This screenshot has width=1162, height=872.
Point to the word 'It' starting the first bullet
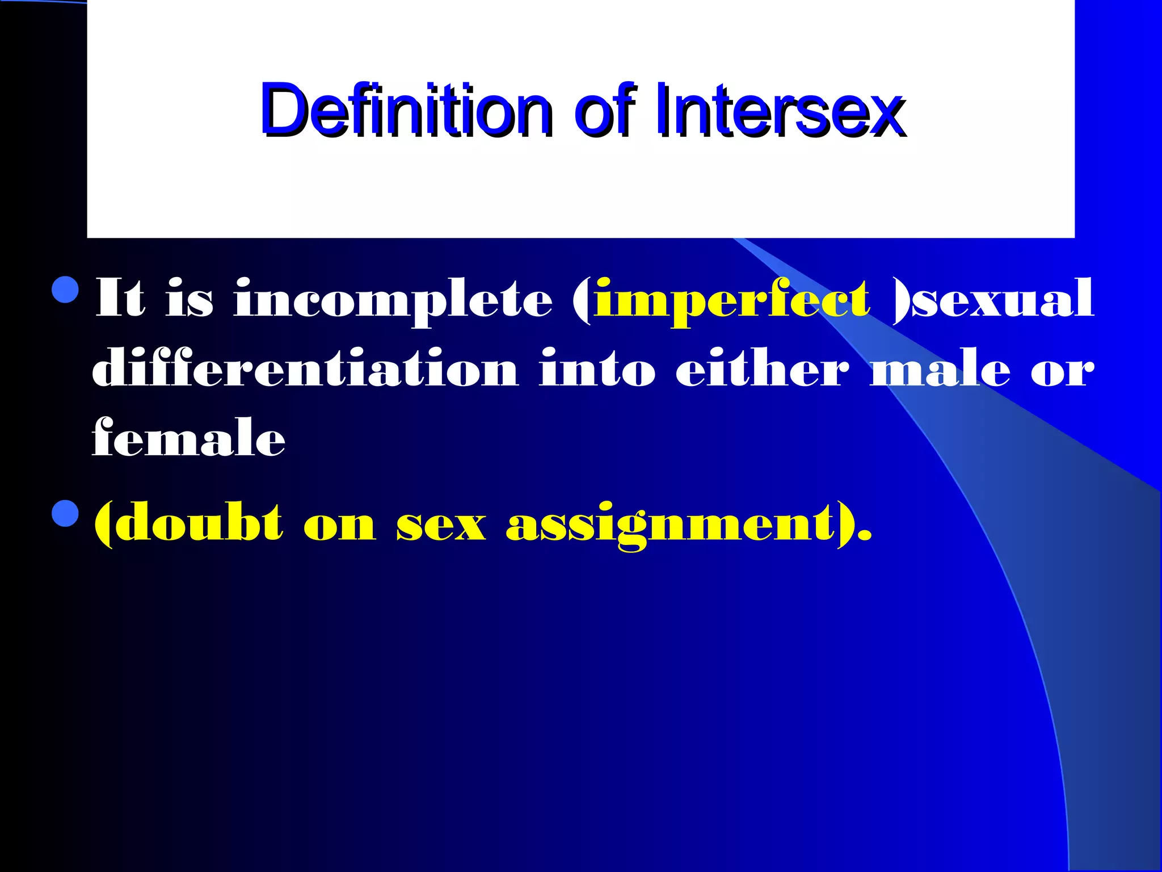[120, 298]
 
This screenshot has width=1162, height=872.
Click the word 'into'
[597, 369]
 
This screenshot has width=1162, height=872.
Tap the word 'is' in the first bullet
[190, 298]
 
